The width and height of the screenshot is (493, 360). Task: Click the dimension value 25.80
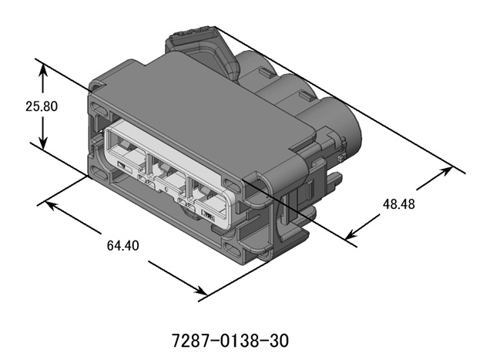coord(42,106)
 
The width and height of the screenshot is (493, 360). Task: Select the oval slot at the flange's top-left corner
coord(96,105)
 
